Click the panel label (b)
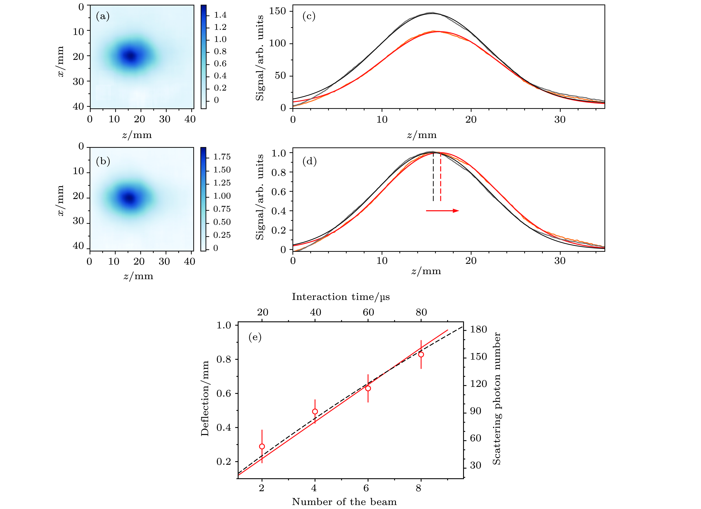[x=103, y=161]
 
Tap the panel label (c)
[x=309, y=16]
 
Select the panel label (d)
[x=309, y=161]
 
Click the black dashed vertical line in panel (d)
[x=433, y=178]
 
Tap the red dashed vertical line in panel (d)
[x=440, y=178]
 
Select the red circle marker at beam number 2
[x=262, y=446]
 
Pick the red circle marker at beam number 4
[x=315, y=411]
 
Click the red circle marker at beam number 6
[x=368, y=388]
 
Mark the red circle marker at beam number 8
[x=421, y=354]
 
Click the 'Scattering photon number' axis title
[x=496, y=399]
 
